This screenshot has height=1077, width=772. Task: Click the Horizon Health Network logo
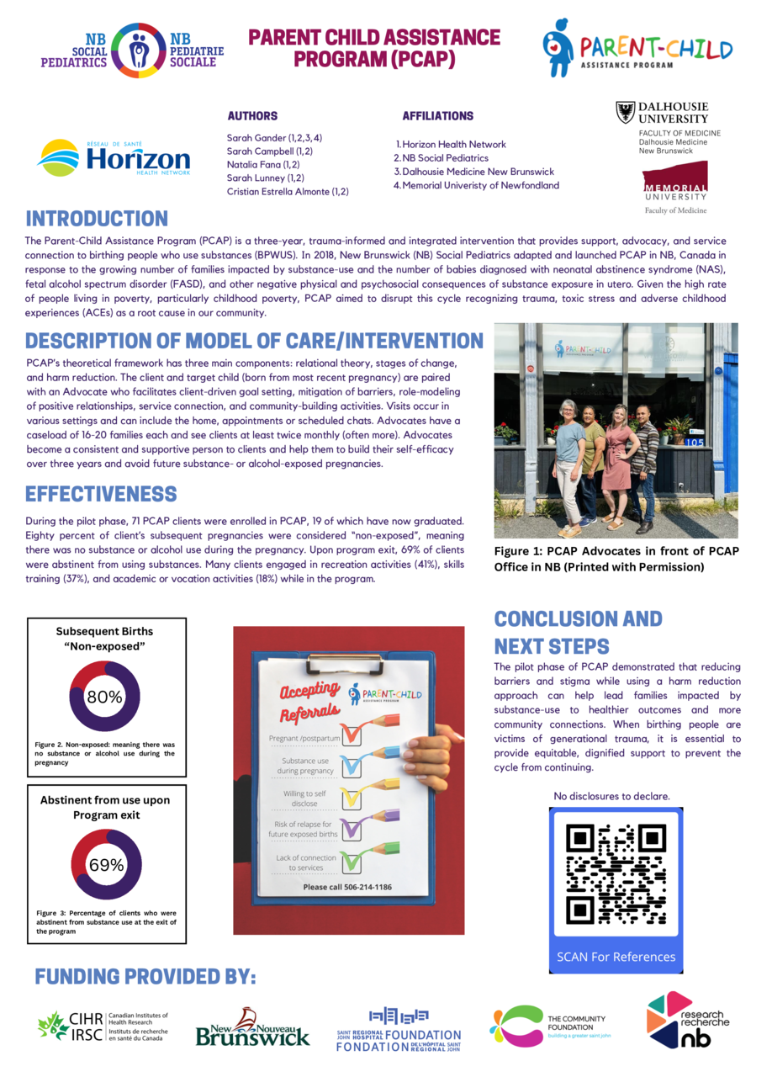114,158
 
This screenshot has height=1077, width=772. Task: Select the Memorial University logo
675,187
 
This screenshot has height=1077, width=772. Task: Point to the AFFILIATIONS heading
437,116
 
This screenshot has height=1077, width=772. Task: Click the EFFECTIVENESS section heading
101,493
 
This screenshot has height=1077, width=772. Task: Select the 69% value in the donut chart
106,864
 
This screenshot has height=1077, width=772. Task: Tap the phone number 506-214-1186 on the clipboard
347,887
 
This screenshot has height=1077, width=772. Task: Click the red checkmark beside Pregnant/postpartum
352,733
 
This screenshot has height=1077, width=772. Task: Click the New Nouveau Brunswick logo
252,1027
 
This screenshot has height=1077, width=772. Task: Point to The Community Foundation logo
547,1025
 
